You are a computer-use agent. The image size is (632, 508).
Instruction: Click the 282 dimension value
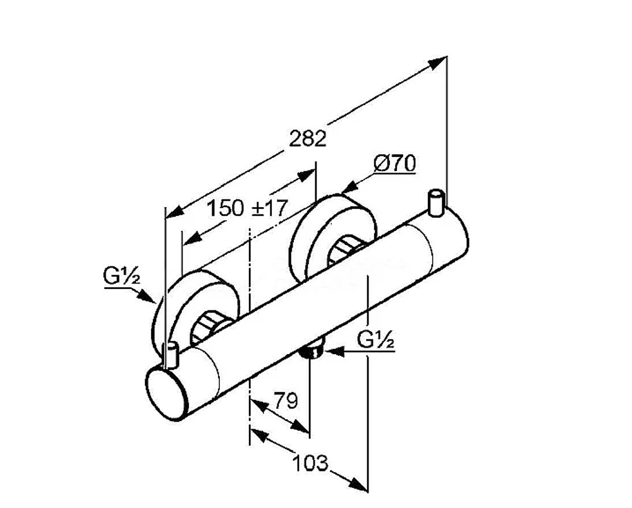point(308,139)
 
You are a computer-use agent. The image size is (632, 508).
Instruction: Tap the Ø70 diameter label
point(394,163)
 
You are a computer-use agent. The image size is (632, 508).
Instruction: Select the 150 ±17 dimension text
point(246,208)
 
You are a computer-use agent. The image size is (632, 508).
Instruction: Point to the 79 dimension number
point(286,399)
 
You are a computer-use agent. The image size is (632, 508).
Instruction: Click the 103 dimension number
point(310,463)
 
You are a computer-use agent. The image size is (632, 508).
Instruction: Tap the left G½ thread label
point(122,276)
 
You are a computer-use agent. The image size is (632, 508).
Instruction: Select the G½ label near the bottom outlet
point(375,341)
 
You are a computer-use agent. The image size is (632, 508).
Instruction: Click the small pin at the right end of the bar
point(436,203)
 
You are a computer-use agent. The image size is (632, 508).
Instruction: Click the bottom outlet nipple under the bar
point(313,349)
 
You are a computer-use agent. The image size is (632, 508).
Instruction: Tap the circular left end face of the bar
point(166,393)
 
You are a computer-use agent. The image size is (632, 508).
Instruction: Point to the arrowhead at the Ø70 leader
point(351,187)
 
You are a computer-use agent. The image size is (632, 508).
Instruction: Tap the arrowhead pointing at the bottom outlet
point(334,352)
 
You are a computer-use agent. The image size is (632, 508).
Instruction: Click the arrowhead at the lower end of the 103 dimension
point(359,485)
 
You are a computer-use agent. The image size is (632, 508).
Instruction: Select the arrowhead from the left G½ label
point(147,297)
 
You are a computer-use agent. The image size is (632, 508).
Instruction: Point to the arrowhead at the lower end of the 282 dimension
point(175,212)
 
